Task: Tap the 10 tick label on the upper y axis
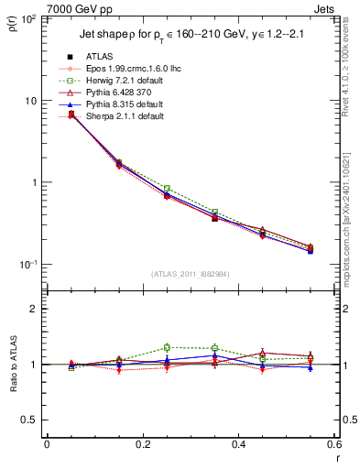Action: click(x=32, y=101)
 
